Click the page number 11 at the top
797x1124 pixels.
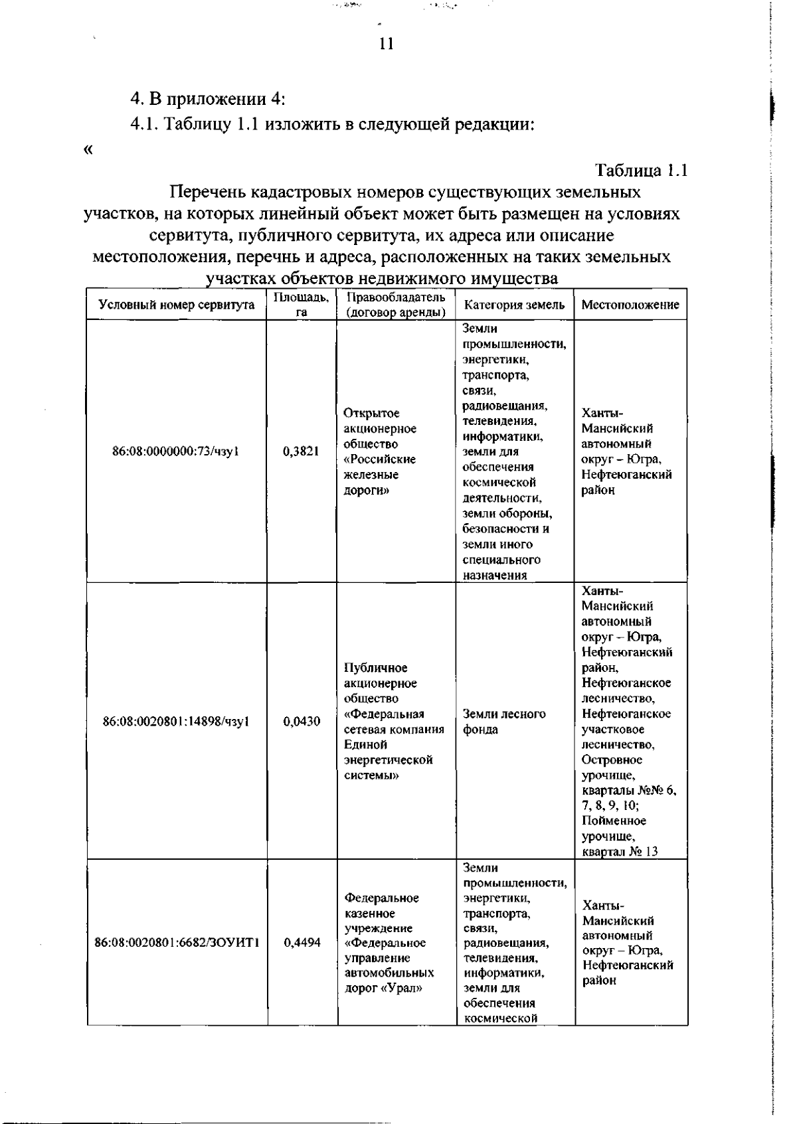[x=387, y=44]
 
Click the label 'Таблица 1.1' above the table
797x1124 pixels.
[x=641, y=170]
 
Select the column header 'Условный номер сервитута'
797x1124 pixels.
[x=177, y=305]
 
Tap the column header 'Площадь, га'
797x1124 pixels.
[x=302, y=305]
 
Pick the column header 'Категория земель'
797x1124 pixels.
[x=515, y=305]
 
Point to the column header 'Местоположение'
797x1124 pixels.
[x=630, y=305]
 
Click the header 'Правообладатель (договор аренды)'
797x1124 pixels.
[x=396, y=305]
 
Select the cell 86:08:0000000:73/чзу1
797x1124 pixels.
[x=176, y=451]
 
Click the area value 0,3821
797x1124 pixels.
[x=301, y=451]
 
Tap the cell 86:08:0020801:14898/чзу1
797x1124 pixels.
[x=176, y=722]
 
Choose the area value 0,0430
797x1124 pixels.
[x=301, y=722]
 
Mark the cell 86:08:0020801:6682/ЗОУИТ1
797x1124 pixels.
[x=177, y=943]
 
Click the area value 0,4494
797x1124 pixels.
[x=302, y=943]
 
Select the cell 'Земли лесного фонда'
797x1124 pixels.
[x=504, y=722]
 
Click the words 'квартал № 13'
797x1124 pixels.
[x=619, y=851]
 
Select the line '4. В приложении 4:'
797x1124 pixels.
[x=208, y=100]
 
